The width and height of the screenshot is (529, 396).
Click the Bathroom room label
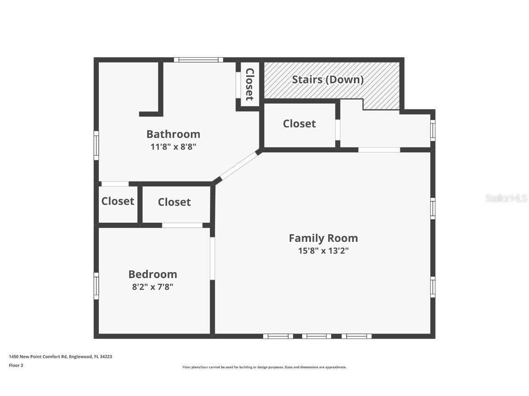pyautogui.click(x=173, y=134)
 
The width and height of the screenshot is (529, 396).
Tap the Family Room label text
pyautogui.click(x=323, y=238)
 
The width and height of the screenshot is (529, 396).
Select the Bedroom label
pyautogui.click(x=152, y=274)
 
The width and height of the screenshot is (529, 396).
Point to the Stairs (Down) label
pyautogui.click(x=328, y=79)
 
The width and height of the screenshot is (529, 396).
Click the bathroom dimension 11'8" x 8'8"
pyautogui.click(x=173, y=147)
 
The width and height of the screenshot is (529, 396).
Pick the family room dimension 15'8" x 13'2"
pyautogui.click(x=323, y=251)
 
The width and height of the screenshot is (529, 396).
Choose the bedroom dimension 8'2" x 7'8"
pyautogui.click(x=152, y=287)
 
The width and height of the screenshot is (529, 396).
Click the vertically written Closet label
pyautogui.click(x=249, y=84)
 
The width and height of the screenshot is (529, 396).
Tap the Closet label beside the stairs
pyautogui.click(x=299, y=123)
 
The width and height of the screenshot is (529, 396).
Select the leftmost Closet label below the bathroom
pyautogui.click(x=118, y=201)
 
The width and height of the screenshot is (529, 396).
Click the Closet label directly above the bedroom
pyautogui.click(x=174, y=202)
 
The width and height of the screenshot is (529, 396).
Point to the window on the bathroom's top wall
pyautogui.click(x=198, y=60)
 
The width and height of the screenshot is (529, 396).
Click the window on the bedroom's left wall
pyautogui.click(x=96, y=286)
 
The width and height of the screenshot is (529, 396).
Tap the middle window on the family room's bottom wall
pyautogui.click(x=316, y=336)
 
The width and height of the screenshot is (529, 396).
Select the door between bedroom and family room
pyautogui.click(x=212, y=258)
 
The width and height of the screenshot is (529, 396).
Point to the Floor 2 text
pyautogui.click(x=16, y=365)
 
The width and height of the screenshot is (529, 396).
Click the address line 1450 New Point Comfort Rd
pyautogui.click(x=60, y=356)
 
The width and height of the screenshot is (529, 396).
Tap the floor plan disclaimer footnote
pyautogui.click(x=264, y=367)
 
